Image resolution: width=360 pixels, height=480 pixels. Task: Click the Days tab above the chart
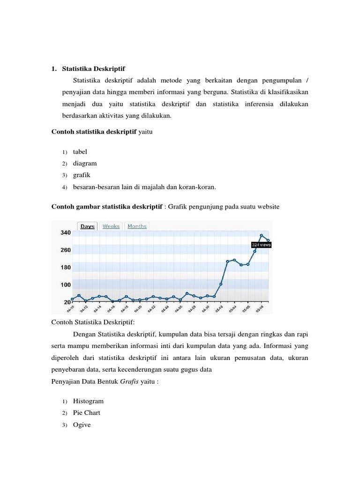pyautogui.click(x=87, y=226)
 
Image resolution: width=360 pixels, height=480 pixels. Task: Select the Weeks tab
pyautogui.click(x=111, y=226)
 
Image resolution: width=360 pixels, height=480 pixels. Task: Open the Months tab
pyautogui.click(x=137, y=226)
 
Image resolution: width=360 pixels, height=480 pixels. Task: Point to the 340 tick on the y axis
pyautogui.click(x=65, y=232)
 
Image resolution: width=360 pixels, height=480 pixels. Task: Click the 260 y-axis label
pyautogui.click(x=65, y=250)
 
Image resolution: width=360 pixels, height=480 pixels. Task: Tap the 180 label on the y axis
pyautogui.click(x=65, y=267)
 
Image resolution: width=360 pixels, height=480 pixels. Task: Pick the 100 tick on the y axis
pyautogui.click(x=65, y=285)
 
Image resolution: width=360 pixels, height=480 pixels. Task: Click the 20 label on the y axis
pyautogui.click(x=67, y=302)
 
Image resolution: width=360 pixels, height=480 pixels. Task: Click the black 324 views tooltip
pyautogui.click(x=261, y=244)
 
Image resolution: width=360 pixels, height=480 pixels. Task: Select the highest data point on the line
pyautogui.click(x=262, y=235)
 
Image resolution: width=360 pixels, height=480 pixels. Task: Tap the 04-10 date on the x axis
pyautogui.click(x=71, y=309)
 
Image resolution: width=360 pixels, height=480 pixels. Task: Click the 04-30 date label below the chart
pyautogui.click(x=206, y=309)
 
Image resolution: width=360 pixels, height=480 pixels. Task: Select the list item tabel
pyautogui.click(x=80, y=152)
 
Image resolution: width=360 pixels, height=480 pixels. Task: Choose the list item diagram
pyautogui.click(x=84, y=164)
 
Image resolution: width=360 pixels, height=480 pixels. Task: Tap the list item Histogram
pyautogui.click(x=88, y=401)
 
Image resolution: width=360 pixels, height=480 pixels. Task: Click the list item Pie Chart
pyautogui.click(x=86, y=413)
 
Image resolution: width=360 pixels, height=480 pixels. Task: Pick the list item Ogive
pyautogui.click(x=82, y=425)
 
